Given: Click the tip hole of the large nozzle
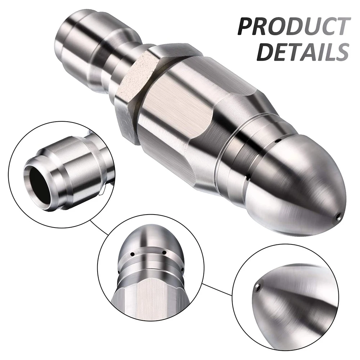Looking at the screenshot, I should point(338,216).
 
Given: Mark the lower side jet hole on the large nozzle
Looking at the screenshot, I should point(247,177).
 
